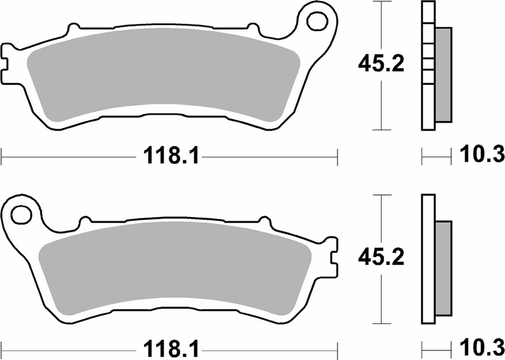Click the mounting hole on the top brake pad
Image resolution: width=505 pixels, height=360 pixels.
pos(317,22)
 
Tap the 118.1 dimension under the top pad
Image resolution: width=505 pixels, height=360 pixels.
pos(168,156)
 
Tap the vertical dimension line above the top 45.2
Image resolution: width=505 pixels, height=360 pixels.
pos(381,26)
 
